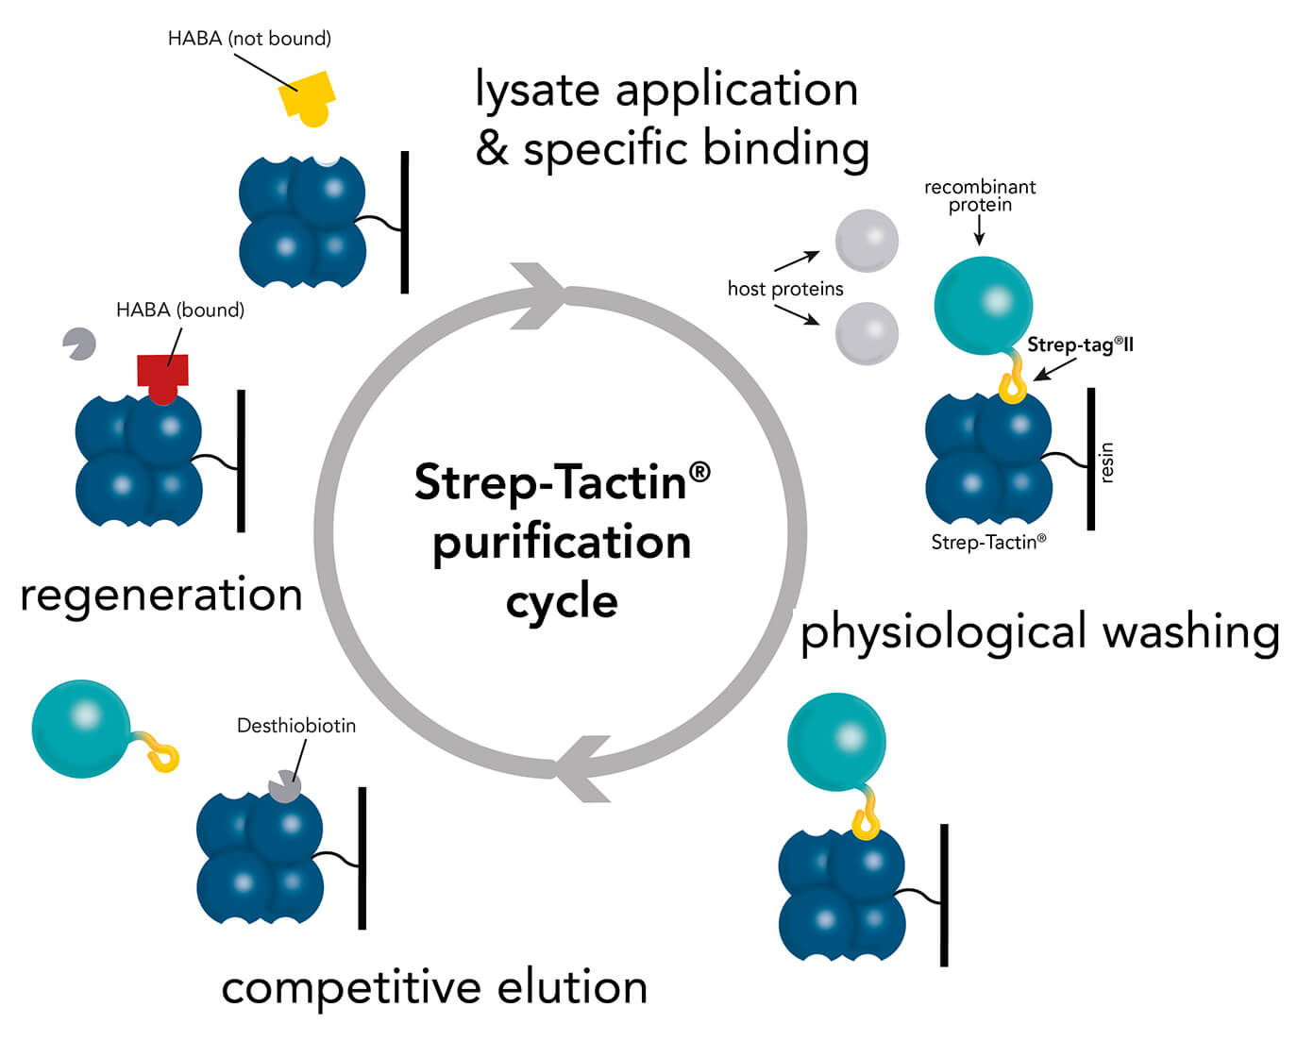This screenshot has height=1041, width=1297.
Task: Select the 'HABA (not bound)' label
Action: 249,39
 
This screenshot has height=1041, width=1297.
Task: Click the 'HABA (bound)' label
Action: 180,311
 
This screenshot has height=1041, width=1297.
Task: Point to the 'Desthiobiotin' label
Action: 296,726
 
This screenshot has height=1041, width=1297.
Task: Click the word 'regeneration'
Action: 161,596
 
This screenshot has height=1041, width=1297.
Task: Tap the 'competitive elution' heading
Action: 434,988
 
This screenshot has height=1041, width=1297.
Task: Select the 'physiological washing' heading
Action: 1039,632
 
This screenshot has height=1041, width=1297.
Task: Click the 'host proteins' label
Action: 785,289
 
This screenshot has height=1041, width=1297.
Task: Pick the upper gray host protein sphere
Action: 867,241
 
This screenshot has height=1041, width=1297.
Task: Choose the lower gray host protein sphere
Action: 867,333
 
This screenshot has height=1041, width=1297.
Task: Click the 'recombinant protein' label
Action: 980,195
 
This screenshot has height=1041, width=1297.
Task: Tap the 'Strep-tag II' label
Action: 1080,344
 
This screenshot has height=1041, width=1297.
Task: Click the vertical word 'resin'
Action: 1107,462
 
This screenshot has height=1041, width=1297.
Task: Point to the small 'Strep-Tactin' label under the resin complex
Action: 988,542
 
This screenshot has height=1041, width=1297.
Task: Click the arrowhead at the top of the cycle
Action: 541,295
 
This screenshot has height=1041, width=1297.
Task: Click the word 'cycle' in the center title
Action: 562,602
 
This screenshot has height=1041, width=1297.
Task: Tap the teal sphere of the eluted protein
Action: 81,729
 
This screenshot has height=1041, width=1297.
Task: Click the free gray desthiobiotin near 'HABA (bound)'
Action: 79,344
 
